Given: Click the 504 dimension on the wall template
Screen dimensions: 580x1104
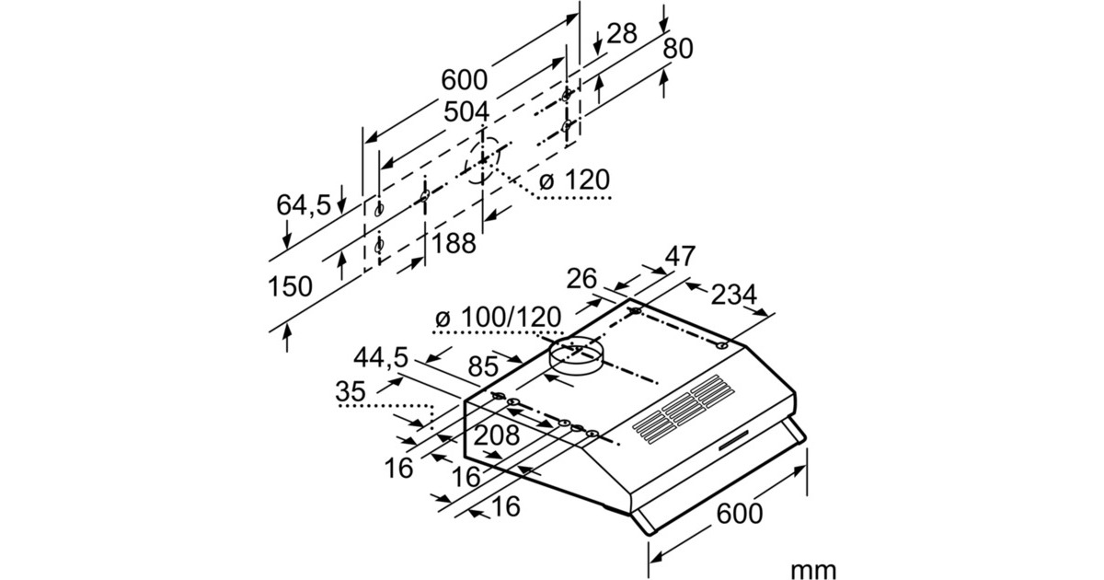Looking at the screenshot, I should (467, 113).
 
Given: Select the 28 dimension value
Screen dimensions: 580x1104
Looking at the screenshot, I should (623, 35).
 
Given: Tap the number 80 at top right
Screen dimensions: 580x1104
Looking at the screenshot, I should (678, 50).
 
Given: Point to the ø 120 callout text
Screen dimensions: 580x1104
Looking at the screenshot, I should (574, 180).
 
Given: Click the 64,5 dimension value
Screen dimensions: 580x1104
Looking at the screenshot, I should (304, 204).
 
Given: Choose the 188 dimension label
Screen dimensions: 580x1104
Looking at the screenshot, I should (454, 243).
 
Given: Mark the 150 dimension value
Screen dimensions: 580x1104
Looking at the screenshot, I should (290, 286).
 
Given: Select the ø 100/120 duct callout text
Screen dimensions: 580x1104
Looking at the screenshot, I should (497, 318).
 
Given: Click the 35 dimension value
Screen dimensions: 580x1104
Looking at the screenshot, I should (351, 392).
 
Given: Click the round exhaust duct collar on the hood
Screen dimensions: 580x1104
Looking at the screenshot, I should (574, 357).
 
